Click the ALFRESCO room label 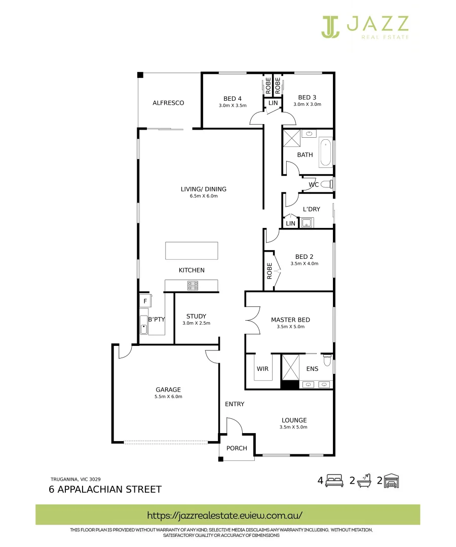tap(168, 103)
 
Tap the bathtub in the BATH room tap(325, 153)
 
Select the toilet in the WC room tap(326, 184)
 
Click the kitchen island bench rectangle tap(192, 251)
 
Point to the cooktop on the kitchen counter tap(193, 286)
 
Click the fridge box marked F tap(145, 301)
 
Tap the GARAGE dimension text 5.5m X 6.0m tap(168, 397)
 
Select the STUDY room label tap(196, 316)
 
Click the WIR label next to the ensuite tap(262, 369)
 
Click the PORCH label tap(237, 448)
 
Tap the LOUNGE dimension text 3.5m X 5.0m tap(294, 427)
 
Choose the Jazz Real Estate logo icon tap(330, 26)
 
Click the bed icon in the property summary tap(334, 481)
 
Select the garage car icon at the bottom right tap(392, 481)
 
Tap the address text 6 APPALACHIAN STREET tap(105, 489)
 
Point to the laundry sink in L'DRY tap(307, 222)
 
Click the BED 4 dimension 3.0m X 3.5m tap(233, 105)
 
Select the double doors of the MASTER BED tap(252, 321)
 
